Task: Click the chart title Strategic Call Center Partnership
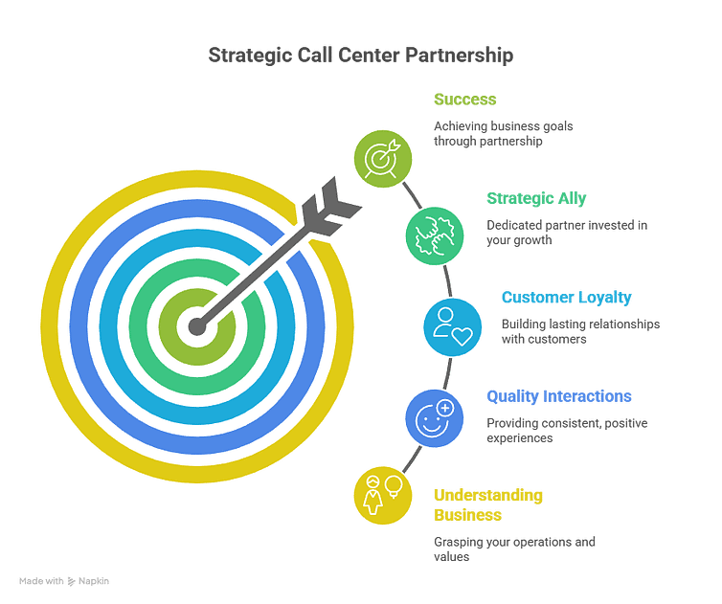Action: point(361,56)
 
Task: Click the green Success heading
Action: point(464,100)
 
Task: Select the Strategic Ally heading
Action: point(536,198)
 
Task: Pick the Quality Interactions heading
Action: point(559,396)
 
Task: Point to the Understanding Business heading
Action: point(487,504)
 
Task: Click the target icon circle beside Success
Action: point(383,158)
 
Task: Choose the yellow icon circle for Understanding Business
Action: point(382,495)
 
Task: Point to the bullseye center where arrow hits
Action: point(197,326)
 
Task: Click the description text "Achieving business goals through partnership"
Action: point(503,134)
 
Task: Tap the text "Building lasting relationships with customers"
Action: point(580,331)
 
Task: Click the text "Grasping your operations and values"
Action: point(515,548)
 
